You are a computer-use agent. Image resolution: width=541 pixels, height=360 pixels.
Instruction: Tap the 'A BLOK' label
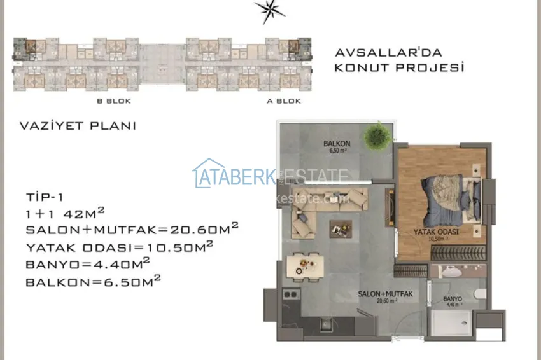pyautogui.click(x=284, y=101)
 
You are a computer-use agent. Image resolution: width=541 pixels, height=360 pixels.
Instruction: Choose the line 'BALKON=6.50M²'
pyautogui.click(x=92, y=279)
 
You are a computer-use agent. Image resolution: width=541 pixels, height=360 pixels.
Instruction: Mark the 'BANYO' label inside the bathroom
pyautogui.click(x=453, y=298)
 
